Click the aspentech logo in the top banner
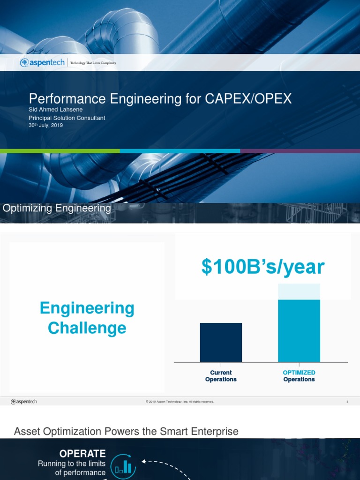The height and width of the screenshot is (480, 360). click(43, 62)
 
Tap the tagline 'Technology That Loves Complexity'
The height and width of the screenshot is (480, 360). click(93, 63)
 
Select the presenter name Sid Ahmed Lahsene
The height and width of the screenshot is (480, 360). click(56, 110)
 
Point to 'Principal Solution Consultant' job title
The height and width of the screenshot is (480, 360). click(67, 118)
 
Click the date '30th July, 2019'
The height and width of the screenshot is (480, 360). click(45, 126)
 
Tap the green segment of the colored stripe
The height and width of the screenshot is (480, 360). click(60, 151)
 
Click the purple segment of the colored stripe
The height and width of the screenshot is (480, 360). click(300, 151)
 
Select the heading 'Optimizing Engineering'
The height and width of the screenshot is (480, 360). click(57, 209)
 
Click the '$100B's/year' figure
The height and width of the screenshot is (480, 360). click(263, 267)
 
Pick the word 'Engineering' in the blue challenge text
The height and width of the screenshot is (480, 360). click(87, 308)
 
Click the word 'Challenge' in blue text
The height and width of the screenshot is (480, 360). click(87, 328)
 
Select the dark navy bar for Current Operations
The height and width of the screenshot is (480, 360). click(221, 342)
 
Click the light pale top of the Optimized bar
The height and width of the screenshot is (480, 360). click(299, 292)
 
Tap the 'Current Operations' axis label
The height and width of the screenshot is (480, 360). click(221, 376)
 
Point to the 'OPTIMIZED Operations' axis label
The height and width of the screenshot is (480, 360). click(299, 376)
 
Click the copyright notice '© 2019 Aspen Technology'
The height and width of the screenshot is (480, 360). click(180, 402)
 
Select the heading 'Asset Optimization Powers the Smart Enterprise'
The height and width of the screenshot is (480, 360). click(126, 431)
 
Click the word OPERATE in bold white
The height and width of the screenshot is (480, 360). click(82, 453)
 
